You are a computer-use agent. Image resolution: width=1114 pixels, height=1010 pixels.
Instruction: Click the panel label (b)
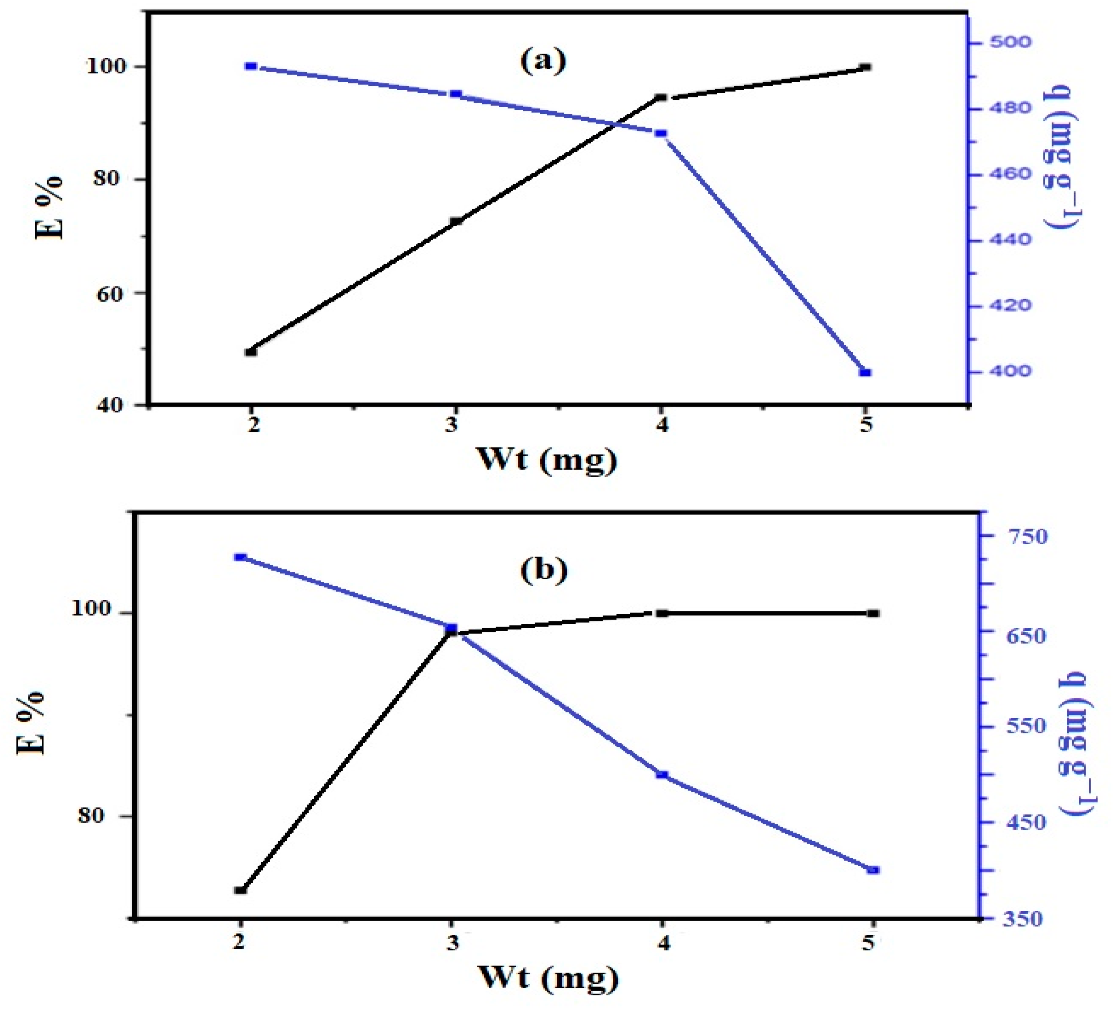pyautogui.click(x=544, y=570)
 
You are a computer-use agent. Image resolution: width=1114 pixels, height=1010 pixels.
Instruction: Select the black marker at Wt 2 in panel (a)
pyautogui.click(x=251, y=352)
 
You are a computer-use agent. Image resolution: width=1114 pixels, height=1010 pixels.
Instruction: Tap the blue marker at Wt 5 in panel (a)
pyautogui.click(x=865, y=372)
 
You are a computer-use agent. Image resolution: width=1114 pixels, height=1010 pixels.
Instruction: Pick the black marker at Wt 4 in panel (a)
pyautogui.click(x=660, y=98)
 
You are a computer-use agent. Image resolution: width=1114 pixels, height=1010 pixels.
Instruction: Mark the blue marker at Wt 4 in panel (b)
pyautogui.click(x=662, y=775)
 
